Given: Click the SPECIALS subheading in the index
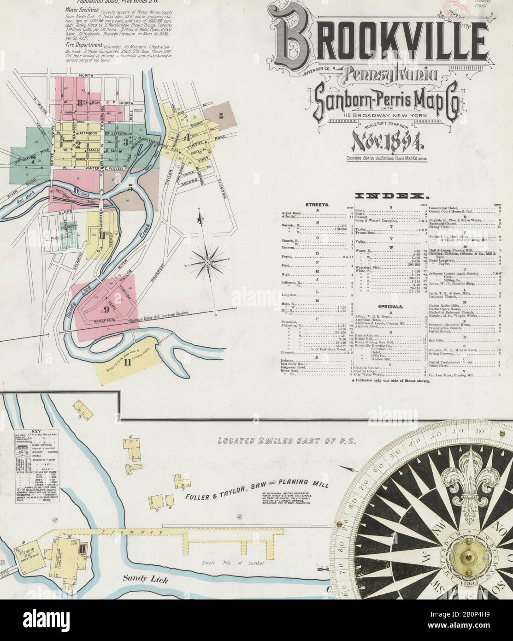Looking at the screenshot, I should (x=390, y=306).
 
